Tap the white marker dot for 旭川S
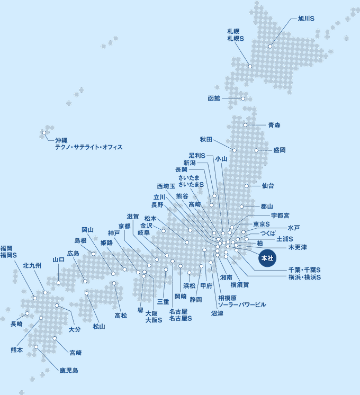tap(270, 47)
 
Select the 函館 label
tap(214, 98)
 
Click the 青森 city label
tap(274, 125)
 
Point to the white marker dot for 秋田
tap(235, 150)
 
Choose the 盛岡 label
tap(280, 150)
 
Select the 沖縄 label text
tap(61, 140)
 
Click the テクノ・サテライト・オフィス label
tap(88, 147)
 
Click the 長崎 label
tap(16, 324)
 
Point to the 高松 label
tap(121, 316)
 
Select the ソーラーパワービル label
tap(242, 305)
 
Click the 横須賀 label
tap(240, 285)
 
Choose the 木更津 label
tap(298, 247)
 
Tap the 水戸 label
tap(294, 228)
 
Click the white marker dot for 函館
tap(243, 98)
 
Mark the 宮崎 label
tap(75, 352)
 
